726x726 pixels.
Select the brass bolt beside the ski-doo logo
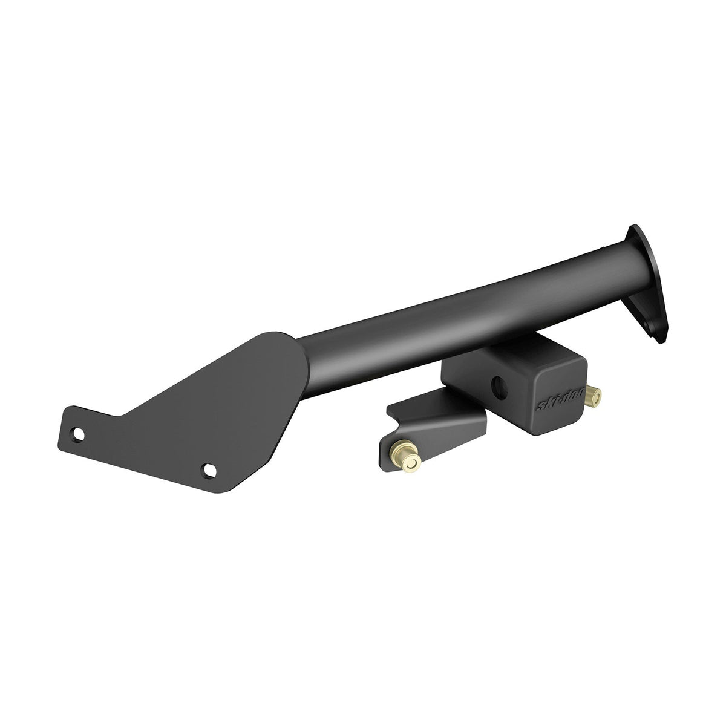(595, 397)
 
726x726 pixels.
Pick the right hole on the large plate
(210, 469)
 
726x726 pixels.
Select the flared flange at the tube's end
(646, 284)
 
